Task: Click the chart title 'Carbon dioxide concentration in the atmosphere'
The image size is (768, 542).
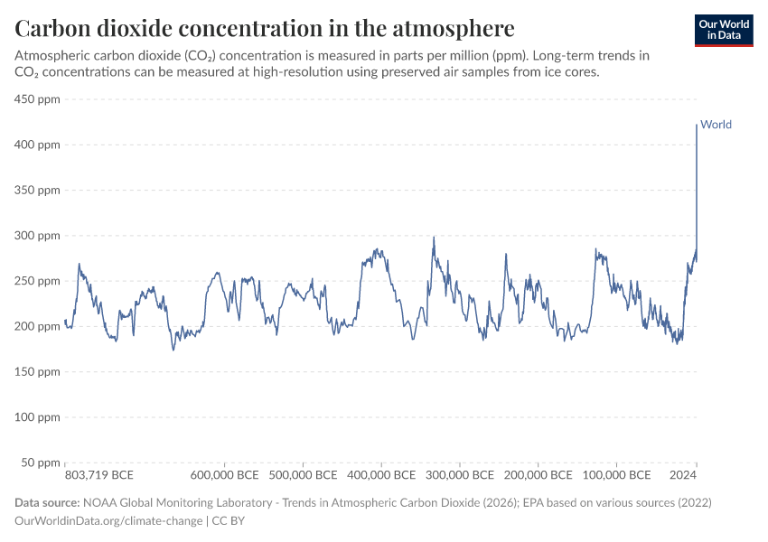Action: tap(265, 26)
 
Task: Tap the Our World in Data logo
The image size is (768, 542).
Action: tap(723, 30)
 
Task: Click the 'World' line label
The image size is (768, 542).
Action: tap(716, 125)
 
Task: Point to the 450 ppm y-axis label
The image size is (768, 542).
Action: tap(37, 99)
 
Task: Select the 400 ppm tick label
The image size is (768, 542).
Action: tap(37, 145)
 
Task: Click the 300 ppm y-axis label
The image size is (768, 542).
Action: tap(37, 236)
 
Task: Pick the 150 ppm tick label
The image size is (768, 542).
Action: tap(37, 371)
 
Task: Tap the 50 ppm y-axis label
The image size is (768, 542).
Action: tap(40, 463)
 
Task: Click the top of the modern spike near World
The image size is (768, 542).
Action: tap(697, 126)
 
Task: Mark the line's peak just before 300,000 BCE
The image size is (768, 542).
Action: tap(435, 238)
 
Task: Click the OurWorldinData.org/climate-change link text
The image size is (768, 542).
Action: tap(109, 520)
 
